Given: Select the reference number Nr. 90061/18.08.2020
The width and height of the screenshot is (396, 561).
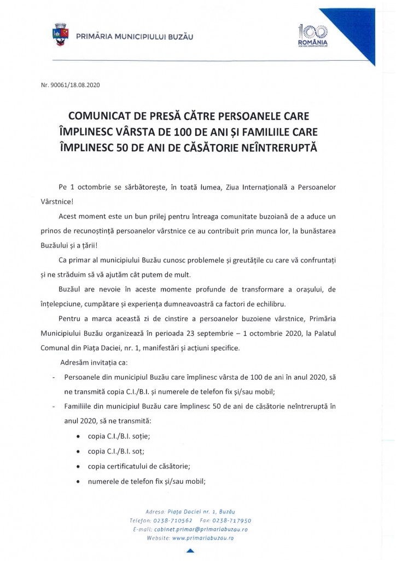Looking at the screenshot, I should pos(71,85).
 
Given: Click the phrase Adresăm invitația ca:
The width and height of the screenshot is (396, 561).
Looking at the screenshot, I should pos(96,362).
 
